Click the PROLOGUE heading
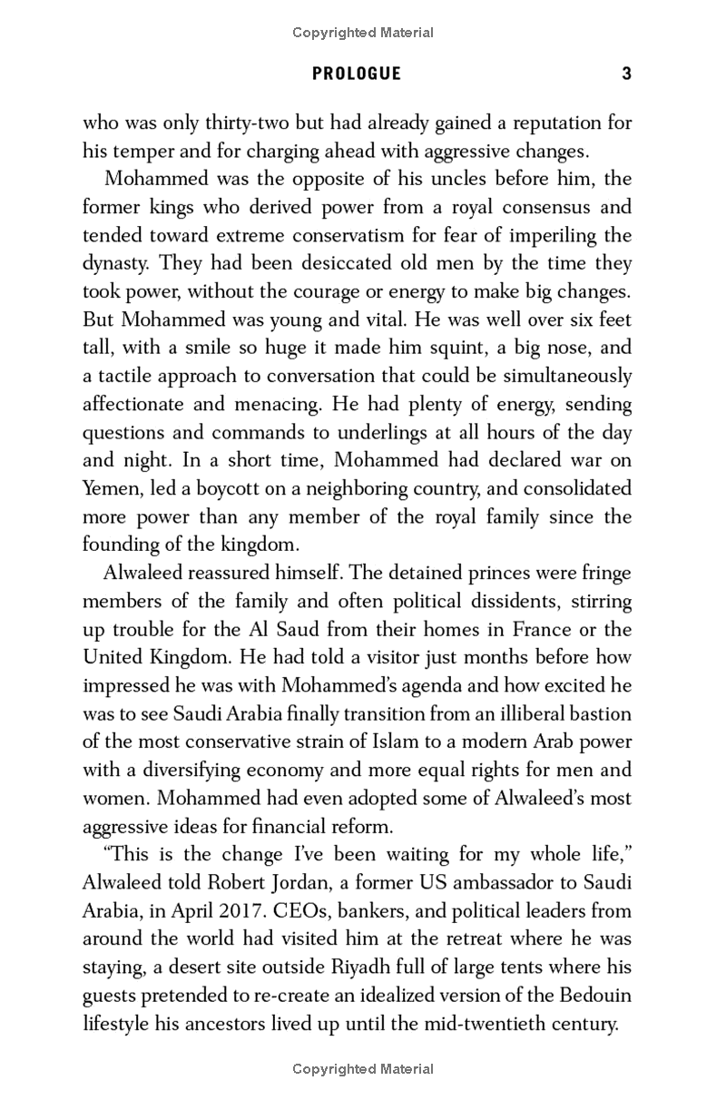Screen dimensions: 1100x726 click(x=357, y=74)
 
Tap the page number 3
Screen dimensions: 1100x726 click(x=626, y=74)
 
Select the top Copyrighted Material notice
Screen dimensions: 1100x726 click(x=363, y=33)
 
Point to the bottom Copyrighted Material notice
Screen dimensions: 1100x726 click(x=363, y=1069)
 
